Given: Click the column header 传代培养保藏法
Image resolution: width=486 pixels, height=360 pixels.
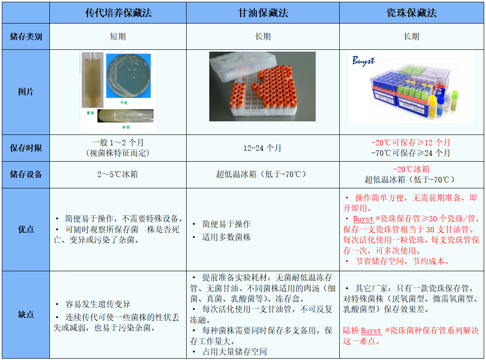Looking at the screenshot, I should point(118,13).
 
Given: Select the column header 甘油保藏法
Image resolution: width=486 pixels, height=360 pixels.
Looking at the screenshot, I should point(263,13).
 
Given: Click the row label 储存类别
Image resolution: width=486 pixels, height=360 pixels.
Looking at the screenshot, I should point(26,37).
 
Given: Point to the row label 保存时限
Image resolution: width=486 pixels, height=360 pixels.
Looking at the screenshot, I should point(26,148).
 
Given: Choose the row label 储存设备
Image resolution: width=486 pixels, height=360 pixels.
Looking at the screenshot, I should point(26,174).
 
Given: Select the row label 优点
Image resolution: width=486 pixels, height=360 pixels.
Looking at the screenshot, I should point(26,230).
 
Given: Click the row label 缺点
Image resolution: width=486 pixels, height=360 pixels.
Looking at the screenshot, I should point(26,315).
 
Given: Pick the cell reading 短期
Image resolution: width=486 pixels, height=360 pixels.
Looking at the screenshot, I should point(118,37).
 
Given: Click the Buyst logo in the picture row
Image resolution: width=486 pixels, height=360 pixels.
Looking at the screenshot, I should point(364,61).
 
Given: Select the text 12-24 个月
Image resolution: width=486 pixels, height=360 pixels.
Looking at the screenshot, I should point(263,148).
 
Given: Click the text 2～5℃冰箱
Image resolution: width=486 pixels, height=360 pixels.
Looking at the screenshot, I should point(118,174).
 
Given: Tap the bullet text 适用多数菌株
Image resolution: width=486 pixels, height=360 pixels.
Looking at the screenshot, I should point(226,237).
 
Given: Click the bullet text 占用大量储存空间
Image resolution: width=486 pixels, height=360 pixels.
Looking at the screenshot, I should point(234,351).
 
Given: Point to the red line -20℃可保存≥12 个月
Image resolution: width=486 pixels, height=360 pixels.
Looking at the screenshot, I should point(411,143).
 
